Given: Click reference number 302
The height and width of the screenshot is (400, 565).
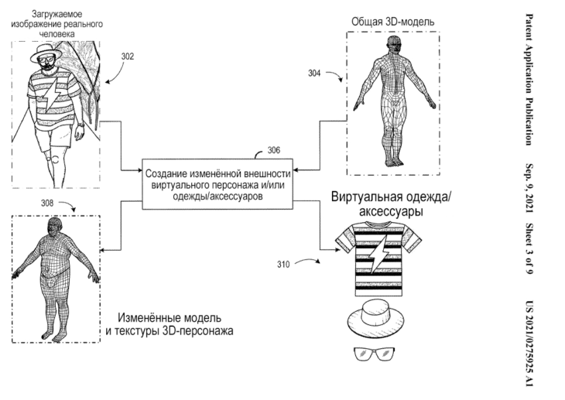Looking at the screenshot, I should click(128, 56).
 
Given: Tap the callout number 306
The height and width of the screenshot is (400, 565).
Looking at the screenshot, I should click(272, 150).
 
